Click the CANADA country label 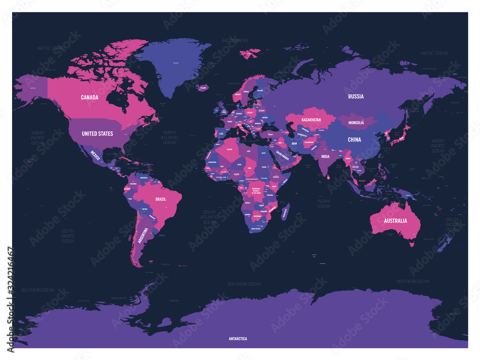[89, 97]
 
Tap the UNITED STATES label [97, 133]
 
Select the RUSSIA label [356, 96]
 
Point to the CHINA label [354, 140]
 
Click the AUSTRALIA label [395, 221]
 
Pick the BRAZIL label [160, 198]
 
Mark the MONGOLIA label [356, 123]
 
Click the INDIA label [325, 156]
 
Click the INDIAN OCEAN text [324, 204]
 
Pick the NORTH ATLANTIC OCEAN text [169, 137]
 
